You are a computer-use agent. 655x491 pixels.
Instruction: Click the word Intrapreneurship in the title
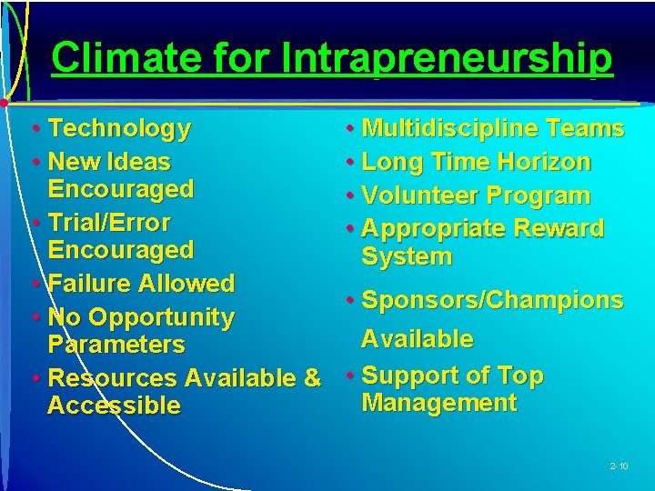click(447, 58)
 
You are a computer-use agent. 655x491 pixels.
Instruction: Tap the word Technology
click(119, 129)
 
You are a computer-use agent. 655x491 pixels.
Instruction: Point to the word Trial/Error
click(108, 223)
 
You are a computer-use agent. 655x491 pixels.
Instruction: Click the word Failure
click(91, 284)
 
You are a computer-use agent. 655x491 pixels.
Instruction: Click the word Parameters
click(116, 346)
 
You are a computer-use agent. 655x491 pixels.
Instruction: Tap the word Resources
click(112, 377)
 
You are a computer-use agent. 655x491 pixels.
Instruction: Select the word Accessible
click(114, 406)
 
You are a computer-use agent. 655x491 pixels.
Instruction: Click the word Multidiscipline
click(452, 129)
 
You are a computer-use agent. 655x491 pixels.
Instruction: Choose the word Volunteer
click(420, 195)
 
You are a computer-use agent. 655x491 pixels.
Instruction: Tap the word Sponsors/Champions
click(492, 300)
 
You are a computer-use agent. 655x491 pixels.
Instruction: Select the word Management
click(439, 403)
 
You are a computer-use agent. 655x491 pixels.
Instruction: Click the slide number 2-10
click(619, 466)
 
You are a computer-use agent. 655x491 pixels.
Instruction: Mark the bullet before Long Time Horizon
click(350, 163)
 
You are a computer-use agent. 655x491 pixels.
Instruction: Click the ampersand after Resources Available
click(312, 377)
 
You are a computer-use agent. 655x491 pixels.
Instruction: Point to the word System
click(407, 256)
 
